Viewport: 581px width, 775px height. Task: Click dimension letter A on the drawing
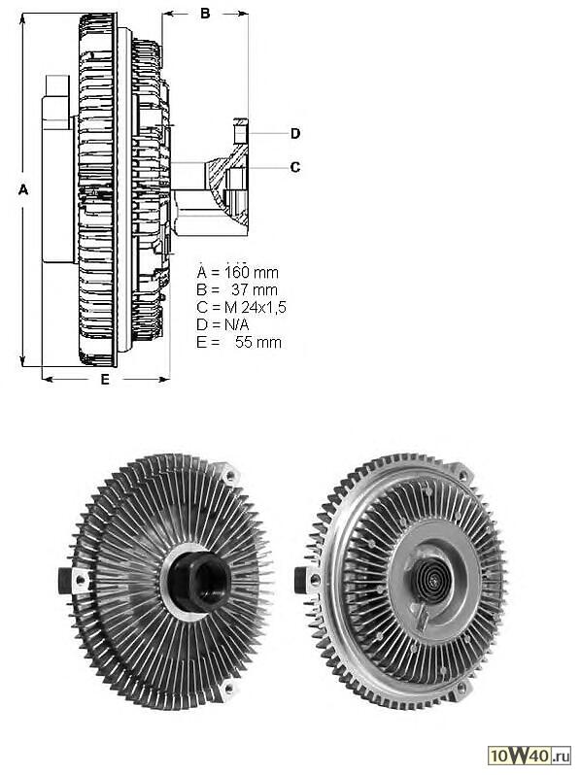pyautogui.click(x=23, y=189)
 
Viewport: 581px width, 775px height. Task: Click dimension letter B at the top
pyautogui.click(x=205, y=14)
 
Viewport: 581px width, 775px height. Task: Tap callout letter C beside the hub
pyautogui.click(x=295, y=168)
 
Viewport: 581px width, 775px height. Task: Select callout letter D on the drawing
pyautogui.click(x=295, y=133)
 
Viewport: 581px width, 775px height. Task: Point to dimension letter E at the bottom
pyautogui.click(x=105, y=380)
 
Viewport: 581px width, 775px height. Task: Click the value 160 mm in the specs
pyautogui.click(x=252, y=272)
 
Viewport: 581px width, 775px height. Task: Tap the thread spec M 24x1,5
pyautogui.click(x=256, y=308)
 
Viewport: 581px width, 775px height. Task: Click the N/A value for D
pyautogui.click(x=237, y=324)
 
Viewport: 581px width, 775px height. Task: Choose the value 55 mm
pyautogui.click(x=258, y=342)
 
